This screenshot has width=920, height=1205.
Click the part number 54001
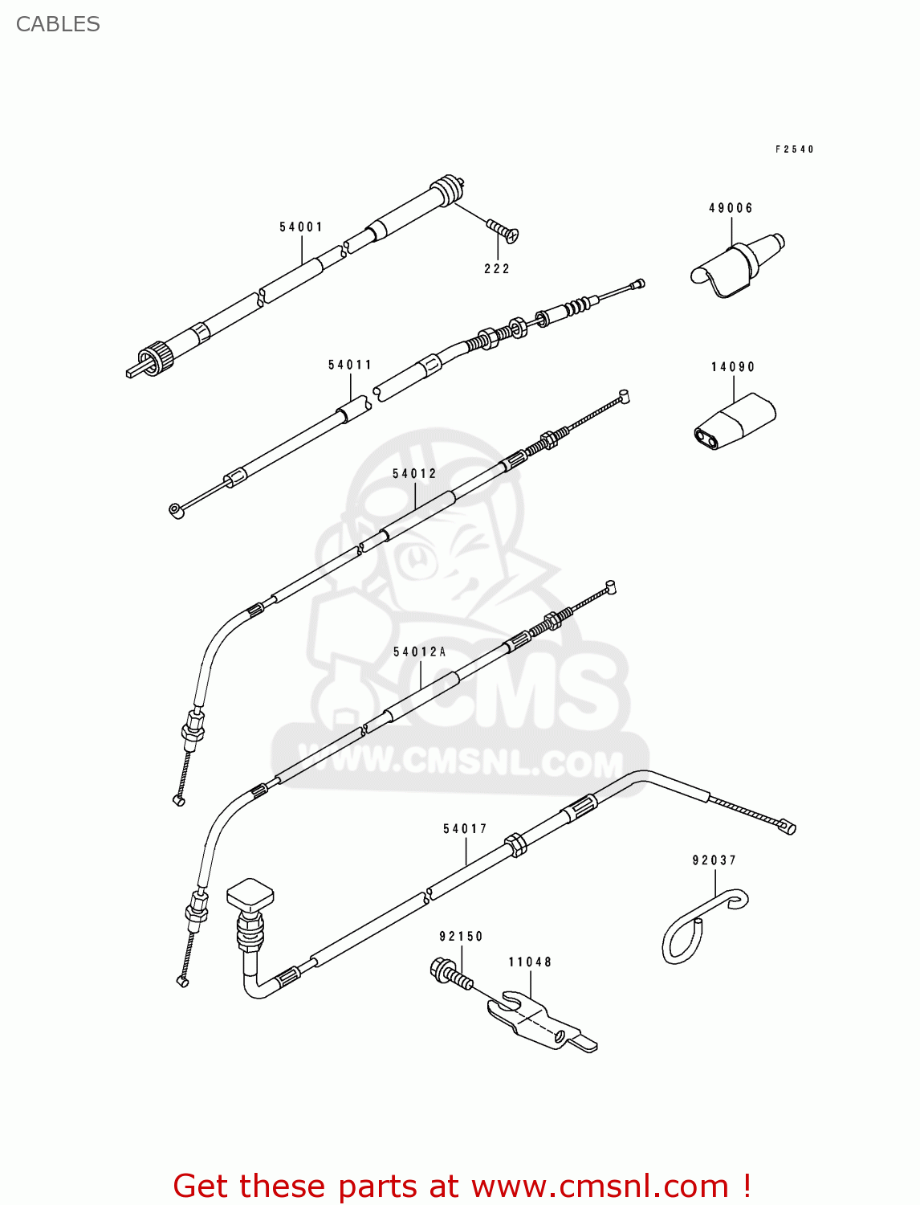(301, 227)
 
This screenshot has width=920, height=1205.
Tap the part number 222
(497, 269)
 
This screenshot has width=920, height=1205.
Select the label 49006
(731, 208)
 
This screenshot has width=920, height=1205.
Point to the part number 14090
(733, 367)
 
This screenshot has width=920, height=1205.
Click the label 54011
(350, 366)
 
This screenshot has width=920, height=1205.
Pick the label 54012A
(419, 652)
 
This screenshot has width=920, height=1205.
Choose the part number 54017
(465, 829)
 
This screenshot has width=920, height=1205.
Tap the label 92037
(714, 860)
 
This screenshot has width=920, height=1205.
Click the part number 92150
(461, 937)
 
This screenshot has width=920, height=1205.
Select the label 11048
(530, 962)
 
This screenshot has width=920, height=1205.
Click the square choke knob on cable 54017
(250, 893)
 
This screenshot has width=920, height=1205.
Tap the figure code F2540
(794, 149)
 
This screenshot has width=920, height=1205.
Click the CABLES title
(58, 24)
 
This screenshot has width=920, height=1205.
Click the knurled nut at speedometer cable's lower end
(154, 354)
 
